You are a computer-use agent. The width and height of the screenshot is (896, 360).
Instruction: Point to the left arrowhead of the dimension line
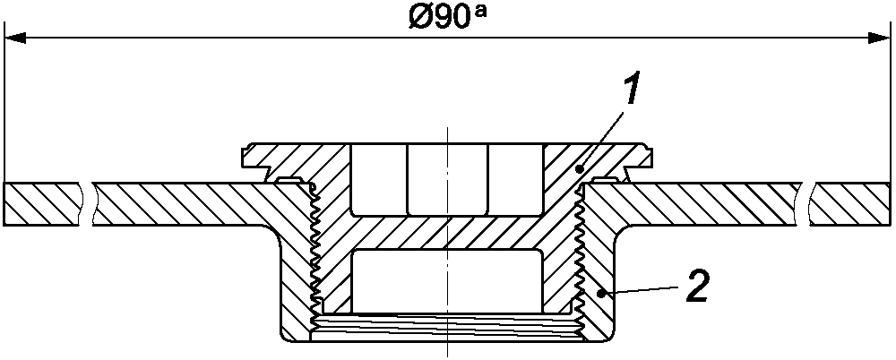[x=16, y=39]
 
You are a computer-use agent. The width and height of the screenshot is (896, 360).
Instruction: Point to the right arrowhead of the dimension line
[x=879, y=39]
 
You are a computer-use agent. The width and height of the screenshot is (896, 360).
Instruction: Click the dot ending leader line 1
[x=581, y=169]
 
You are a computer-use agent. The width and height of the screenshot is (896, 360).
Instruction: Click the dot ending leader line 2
[x=599, y=293]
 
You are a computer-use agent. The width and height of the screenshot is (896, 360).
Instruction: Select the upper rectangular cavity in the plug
[x=447, y=180]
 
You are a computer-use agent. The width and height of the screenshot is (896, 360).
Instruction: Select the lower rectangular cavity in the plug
[x=447, y=281]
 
